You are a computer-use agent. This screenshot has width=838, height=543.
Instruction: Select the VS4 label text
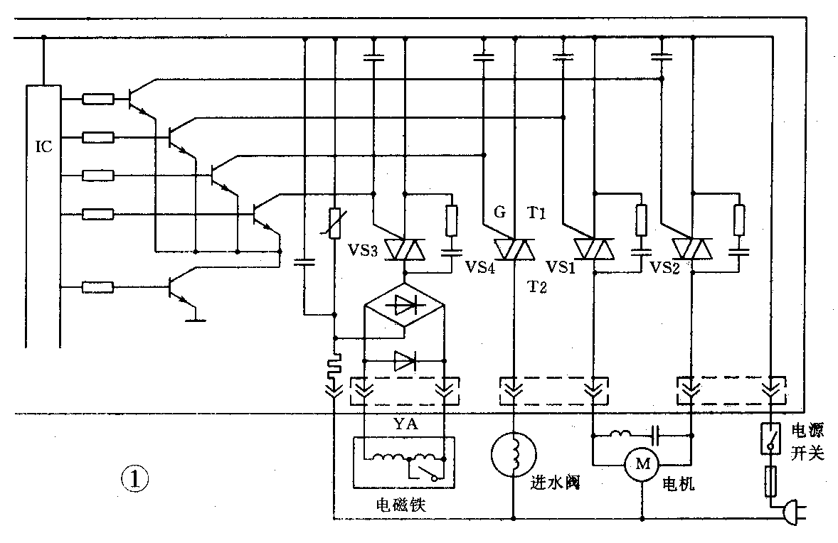tap(480, 266)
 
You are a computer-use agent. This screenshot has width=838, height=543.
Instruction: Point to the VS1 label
tap(561, 267)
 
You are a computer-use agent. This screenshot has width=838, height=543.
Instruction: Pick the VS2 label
tap(664, 267)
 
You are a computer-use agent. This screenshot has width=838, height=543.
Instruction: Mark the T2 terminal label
tap(536, 286)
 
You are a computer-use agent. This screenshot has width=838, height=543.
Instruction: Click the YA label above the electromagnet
tap(406, 425)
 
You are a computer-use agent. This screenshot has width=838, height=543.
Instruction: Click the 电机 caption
tap(678, 485)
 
